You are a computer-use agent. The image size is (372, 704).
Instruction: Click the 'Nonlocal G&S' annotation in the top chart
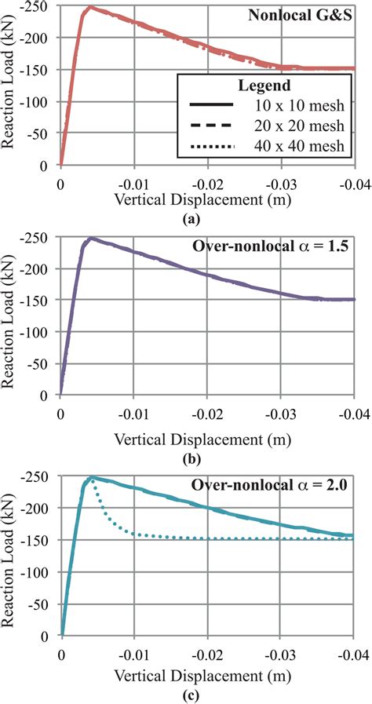click(x=312, y=16)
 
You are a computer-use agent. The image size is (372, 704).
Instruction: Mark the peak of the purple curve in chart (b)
click(x=91, y=238)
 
